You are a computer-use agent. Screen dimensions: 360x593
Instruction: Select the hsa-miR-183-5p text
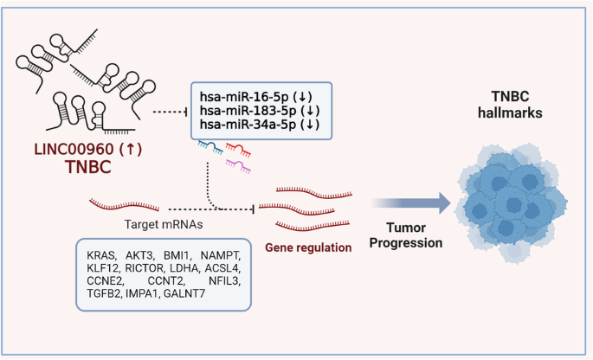[x=246, y=110]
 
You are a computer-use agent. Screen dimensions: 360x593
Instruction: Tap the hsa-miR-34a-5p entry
[x=246, y=125]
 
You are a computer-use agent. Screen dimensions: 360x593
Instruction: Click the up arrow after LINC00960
[x=131, y=149]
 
